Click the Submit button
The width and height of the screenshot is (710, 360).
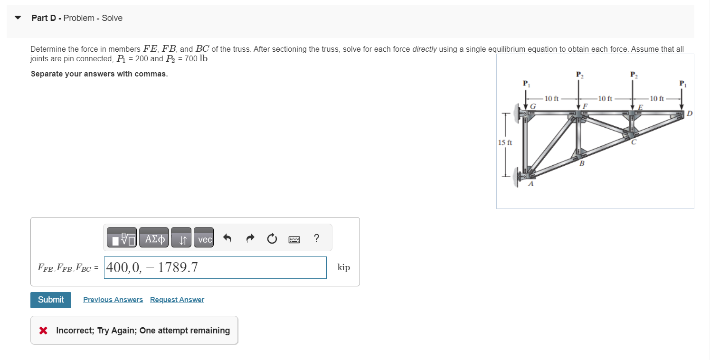pyautogui.click(x=51, y=300)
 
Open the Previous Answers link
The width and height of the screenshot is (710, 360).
pyautogui.click(x=113, y=300)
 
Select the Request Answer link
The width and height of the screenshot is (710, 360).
pyautogui.click(x=177, y=300)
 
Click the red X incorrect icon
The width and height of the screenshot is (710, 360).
pyautogui.click(x=43, y=331)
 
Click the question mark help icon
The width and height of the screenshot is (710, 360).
pyautogui.click(x=317, y=238)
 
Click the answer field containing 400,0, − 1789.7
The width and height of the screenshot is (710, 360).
pyautogui.click(x=215, y=268)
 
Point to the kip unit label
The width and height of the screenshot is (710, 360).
pyautogui.click(x=344, y=267)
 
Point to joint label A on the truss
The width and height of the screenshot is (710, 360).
pyautogui.click(x=531, y=183)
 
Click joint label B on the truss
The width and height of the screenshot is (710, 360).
pyautogui.click(x=582, y=163)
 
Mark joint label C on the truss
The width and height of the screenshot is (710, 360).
pyautogui.click(x=634, y=141)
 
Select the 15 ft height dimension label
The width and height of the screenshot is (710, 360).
pyautogui.click(x=504, y=142)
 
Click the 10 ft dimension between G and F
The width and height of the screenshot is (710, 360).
pyautogui.click(x=551, y=99)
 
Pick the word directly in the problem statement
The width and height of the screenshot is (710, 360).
pyautogui.click(x=425, y=49)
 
